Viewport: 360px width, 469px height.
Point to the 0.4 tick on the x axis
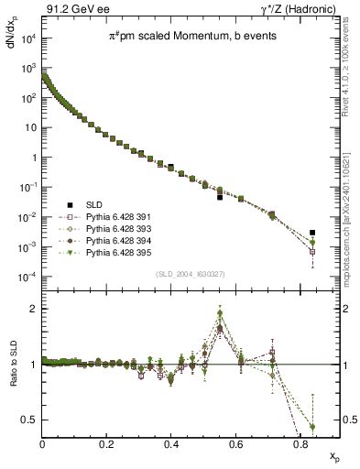(x=171, y=444)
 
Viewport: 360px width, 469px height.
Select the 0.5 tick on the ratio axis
(x=31, y=420)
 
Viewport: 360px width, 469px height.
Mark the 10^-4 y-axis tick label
(x=27, y=276)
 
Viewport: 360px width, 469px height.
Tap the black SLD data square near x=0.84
(x=312, y=233)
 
